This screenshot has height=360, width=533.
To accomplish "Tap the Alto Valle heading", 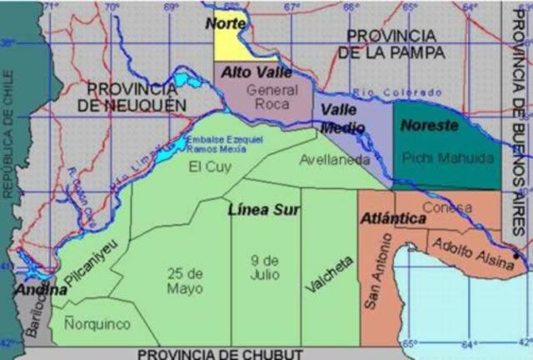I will coord(251,72).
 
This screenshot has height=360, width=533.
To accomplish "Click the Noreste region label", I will coord(429,126).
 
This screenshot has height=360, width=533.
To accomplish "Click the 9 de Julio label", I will coord(264,267).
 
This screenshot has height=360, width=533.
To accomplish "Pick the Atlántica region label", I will coord(394,218).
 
